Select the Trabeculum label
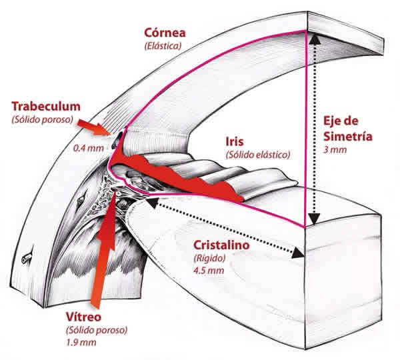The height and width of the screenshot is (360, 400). (x=46, y=106)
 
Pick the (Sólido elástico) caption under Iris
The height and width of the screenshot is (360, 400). (x=258, y=154)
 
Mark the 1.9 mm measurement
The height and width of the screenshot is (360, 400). (x=78, y=343)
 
